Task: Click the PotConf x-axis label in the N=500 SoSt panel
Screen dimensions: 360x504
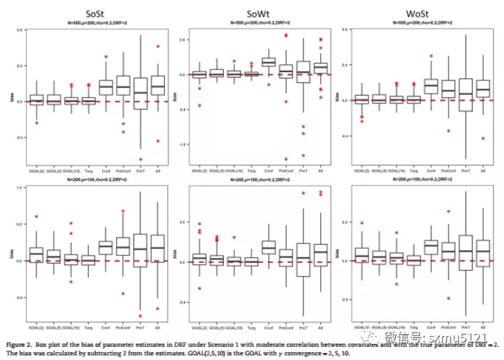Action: [124, 170]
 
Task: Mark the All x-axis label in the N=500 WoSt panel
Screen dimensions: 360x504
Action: [482, 168]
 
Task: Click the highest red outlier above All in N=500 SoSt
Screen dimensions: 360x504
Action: [158, 46]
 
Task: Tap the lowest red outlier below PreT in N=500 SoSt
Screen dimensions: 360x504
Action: [141, 159]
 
